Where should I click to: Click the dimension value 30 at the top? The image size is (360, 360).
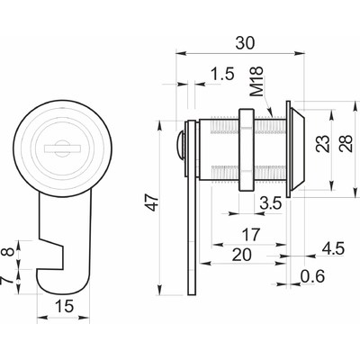[245, 43]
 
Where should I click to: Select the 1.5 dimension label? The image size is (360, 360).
[222, 74]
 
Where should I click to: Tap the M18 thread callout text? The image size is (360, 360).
[257, 81]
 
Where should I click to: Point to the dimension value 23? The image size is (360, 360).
[323, 143]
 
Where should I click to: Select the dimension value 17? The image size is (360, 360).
[250, 235]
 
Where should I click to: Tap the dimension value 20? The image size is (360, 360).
[242, 256]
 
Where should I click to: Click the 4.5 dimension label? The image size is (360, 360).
[333, 248]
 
